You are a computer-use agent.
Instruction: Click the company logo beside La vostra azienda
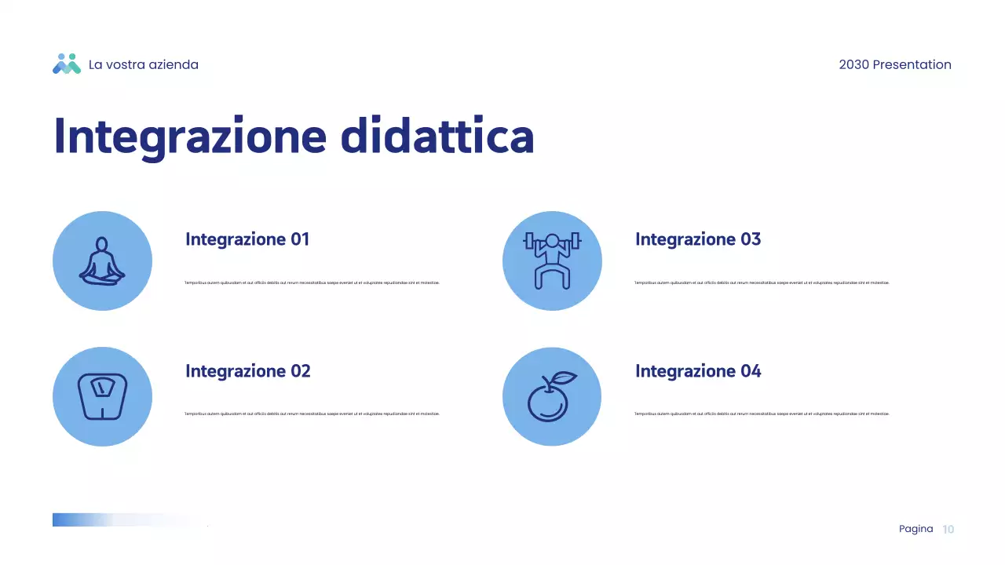(x=67, y=64)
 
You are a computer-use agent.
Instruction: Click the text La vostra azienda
(x=144, y=65)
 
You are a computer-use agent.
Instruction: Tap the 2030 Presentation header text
(x=894, y=65)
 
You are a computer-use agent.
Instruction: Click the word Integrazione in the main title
(x=189, y=137)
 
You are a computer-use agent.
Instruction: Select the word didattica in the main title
(x=437, y=137)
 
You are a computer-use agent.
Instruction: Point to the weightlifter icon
(x=552, y=261)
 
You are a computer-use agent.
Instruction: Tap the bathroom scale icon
(x=102, y=397)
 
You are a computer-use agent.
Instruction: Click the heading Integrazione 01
(x=247, y=239)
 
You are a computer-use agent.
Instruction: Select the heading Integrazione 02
(x=248, y=371)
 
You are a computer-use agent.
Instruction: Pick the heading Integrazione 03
(x=698, y=239)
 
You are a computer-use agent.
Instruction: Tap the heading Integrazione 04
(x=698, y=371)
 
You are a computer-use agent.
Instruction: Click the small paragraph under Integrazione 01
(x=312, y=282)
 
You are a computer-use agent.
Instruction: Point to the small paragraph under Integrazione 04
(x=762, y=414)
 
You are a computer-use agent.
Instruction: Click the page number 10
(x=948, y=530)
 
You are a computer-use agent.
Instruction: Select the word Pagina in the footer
(x=915, y=529)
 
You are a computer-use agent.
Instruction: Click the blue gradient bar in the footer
(x=94, y=519)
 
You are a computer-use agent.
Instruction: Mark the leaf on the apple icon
(x=564, y=378)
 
